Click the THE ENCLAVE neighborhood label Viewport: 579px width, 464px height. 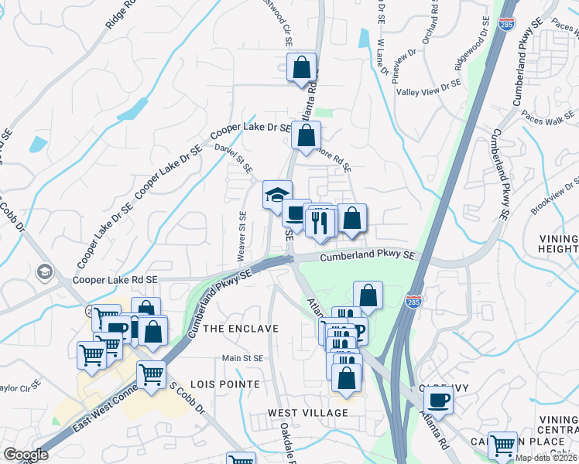[x=241, y=329]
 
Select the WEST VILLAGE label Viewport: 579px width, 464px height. [x=308, y=413]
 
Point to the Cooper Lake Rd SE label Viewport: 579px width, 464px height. [x=115, y=280]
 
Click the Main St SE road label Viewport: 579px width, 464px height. [x=243, y=358]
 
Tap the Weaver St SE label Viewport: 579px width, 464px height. [x=242, y=235]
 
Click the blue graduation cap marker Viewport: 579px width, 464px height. [x=277, y=195]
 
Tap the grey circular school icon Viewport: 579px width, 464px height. [x=44, y=271]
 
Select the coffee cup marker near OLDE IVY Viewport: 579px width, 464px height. [x=439, y=401]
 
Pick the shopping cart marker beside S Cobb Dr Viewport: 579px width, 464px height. [x=151, y=375]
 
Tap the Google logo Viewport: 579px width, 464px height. [x=26, y=455]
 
